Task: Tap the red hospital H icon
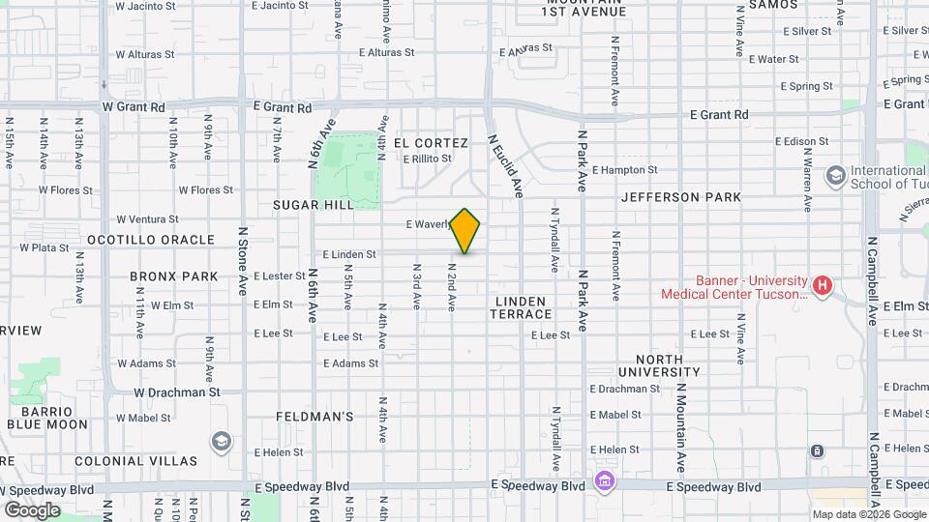[823, 285]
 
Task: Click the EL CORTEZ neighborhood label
[431, 143]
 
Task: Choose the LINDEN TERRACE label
[524, 307]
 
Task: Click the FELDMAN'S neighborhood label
[314, 417]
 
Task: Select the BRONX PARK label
[174, 276]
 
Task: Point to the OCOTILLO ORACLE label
[150, 239]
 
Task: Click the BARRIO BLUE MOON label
[46, 417]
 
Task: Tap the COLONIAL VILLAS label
[135, 461]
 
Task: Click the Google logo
[32, 509]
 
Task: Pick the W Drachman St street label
[177, 392]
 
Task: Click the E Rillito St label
[428, 159]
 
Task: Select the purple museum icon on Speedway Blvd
[604, 480]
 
